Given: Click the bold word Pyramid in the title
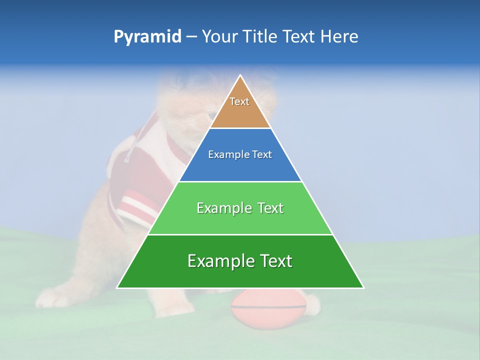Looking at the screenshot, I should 147,37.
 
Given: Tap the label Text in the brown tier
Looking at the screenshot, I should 239,101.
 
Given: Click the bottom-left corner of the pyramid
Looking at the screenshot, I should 117,287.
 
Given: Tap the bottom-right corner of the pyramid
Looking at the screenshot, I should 363,287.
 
